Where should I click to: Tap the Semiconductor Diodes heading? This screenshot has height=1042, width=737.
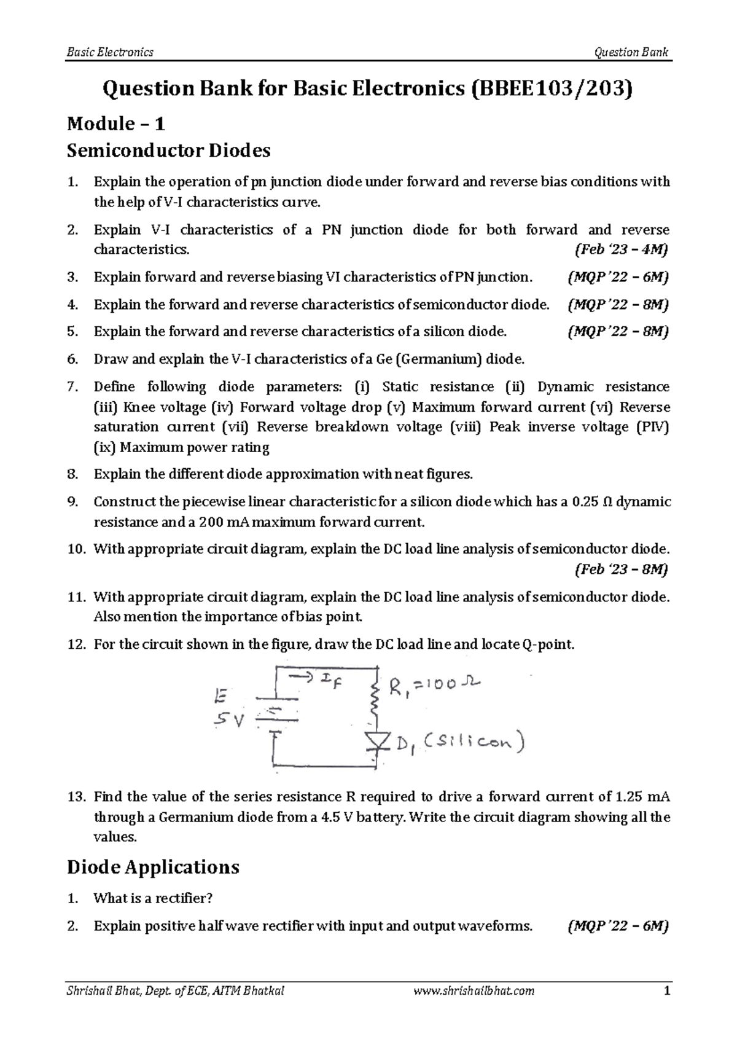tap(168, 150)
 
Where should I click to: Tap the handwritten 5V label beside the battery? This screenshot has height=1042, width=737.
tap(228, 720)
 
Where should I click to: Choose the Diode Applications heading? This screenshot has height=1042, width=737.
tap(153, 867)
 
